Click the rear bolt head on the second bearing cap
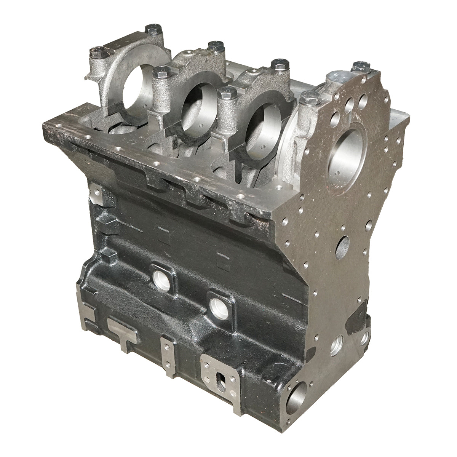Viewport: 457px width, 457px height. (216, 46)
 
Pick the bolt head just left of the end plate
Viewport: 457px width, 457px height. (309, 100)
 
